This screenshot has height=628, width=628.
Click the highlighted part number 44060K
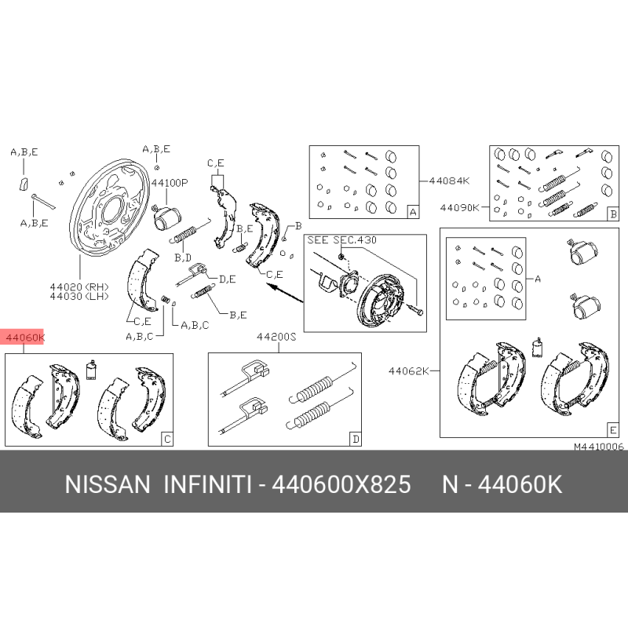25,338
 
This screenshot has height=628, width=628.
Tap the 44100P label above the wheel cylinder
170,183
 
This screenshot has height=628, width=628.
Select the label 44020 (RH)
79,287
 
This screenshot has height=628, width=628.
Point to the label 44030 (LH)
79,297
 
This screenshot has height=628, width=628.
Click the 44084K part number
449,181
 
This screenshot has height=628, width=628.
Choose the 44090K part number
459,207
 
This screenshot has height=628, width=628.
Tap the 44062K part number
408,371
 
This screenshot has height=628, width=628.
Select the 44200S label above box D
276,337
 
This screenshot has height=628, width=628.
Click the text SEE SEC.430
341,240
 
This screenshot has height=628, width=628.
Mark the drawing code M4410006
599,447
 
